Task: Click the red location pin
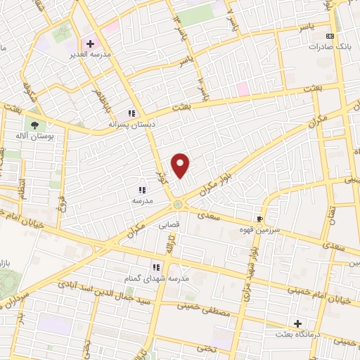click(181, 165)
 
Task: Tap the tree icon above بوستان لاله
click(34, 125)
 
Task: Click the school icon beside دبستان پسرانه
click(131, 113)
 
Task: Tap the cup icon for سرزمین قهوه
click(260, 219)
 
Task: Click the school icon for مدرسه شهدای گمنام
click(157, 266)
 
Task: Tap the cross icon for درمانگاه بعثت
click(297, 324)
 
